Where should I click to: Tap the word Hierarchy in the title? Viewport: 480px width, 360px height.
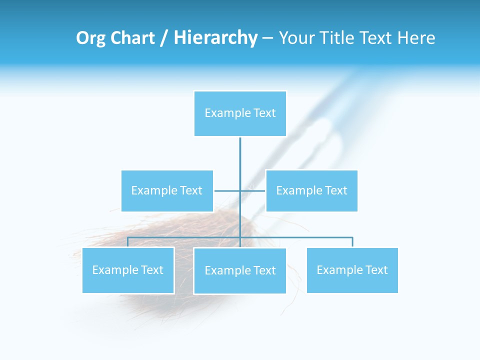[x=215, y=38]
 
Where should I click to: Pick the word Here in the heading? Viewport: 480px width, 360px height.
[x=416, y=38]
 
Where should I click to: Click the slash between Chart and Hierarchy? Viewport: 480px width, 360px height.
[x=163, y=38]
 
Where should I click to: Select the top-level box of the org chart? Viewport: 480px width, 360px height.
[x=240, y=113]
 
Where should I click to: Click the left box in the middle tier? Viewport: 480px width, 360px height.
[x=167, y=190]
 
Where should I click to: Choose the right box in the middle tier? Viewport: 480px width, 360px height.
[x=311, y=190]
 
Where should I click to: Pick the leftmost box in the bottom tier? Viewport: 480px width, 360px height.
[x=128, y=270]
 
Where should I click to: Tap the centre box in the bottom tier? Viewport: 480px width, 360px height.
[x=240, y=270]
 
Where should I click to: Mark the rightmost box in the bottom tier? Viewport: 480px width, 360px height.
[x=352, y=270]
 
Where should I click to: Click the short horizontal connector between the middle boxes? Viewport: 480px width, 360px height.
[x=227, y=190]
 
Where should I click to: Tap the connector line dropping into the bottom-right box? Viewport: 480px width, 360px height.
[x=352, y=242]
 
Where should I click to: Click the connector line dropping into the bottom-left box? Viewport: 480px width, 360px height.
[x=127, y=242]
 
